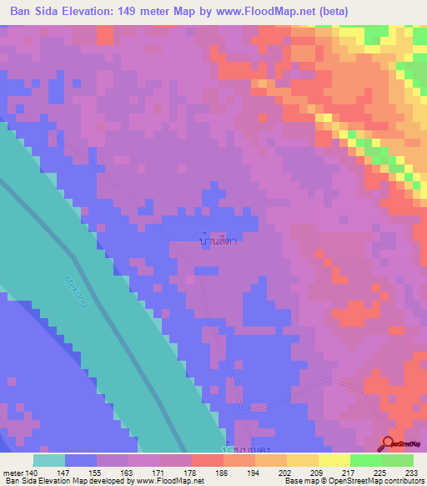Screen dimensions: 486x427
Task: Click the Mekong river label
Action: click(74, 296)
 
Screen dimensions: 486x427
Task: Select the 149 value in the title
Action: click(139, 11)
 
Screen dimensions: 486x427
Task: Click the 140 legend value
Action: click(33, 473)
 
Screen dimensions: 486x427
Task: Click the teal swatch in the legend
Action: click(48, 460)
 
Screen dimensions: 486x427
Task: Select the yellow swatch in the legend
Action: click(334, 460)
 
